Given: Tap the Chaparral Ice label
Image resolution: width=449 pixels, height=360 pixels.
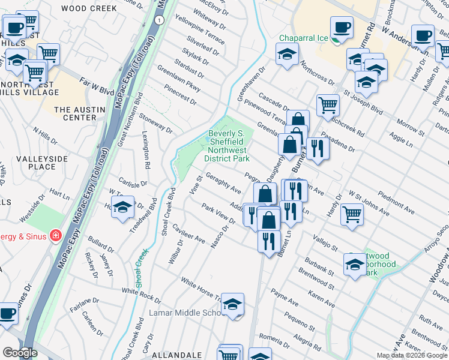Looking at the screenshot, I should click(x=303, y=38).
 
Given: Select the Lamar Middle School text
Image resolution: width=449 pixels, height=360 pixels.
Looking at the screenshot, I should click(x=186, y=313).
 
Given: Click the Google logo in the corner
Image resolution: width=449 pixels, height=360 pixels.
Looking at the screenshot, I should click(x=19, y=353).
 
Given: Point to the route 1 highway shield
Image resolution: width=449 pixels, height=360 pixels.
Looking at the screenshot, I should click(x=158, y=20).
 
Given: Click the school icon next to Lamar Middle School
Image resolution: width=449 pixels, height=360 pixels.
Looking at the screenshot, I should click(x=233, y=305).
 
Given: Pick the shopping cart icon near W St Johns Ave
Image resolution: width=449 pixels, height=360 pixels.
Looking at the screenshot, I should click(x=352, y=214).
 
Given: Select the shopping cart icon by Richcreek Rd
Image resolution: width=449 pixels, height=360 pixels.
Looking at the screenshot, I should click(x=328, y=105).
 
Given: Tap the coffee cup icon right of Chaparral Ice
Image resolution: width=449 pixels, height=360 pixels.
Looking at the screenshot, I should click(x=342, y=28).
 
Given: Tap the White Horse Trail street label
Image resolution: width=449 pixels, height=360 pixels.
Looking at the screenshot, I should click(x=202, y=289).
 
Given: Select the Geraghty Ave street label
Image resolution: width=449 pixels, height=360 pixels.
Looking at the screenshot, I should click(x=223, y=182).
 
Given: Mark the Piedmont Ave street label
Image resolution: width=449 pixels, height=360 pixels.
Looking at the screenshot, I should click(x=396, y=203).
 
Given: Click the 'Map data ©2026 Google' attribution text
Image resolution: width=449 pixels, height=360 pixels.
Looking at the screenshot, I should click(x=412, y=355).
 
